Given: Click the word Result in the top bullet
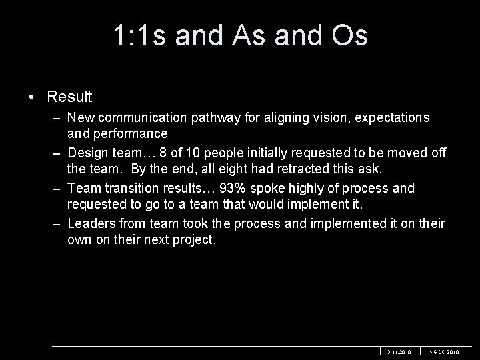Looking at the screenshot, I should point(69,97).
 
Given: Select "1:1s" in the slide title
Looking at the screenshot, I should point(141,36).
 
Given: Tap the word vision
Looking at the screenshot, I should point(319,118).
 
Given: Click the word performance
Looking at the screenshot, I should point(125,135).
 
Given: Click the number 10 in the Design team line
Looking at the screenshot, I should point(199,153).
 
